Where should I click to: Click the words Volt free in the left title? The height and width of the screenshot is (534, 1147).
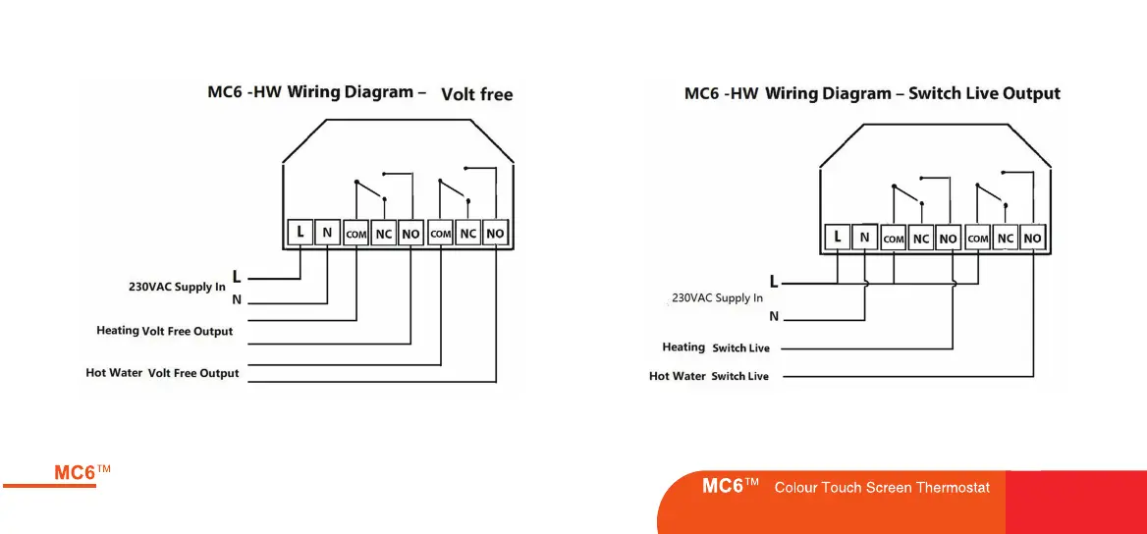point(477,95)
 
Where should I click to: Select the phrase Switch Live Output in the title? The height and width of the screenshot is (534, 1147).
point(984,94)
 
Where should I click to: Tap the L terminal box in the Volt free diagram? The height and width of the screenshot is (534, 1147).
point(300,233)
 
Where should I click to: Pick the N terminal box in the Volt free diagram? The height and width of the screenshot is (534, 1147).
point(327,233)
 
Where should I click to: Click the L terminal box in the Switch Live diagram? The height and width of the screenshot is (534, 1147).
point(837,237)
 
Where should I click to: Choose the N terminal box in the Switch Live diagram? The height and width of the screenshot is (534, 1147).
point(864,237)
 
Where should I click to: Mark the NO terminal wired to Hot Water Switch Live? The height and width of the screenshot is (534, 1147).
point(1032,239)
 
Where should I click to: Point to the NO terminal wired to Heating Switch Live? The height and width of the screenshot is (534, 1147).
point(948,239)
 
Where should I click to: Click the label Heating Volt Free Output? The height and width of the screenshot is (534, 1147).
point(165,331)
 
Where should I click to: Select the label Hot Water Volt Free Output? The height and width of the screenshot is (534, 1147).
point(163,373)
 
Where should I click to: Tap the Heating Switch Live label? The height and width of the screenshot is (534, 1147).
point(716,347)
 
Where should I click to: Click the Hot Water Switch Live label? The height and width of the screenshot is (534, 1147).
point(709,376)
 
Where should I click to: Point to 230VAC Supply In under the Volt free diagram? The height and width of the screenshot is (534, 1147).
point(177,287)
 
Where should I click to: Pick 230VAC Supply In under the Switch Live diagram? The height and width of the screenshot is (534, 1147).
point(717,297)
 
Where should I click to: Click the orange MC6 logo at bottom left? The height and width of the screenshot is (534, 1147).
point(82,472)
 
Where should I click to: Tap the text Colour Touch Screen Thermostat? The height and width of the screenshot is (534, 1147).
point(882,487)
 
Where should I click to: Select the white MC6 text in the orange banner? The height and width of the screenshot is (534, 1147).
point(730,486)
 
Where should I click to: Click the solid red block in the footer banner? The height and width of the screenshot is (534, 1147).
point(1075,502)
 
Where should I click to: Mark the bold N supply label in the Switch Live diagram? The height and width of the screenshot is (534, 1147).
point(774,316)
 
